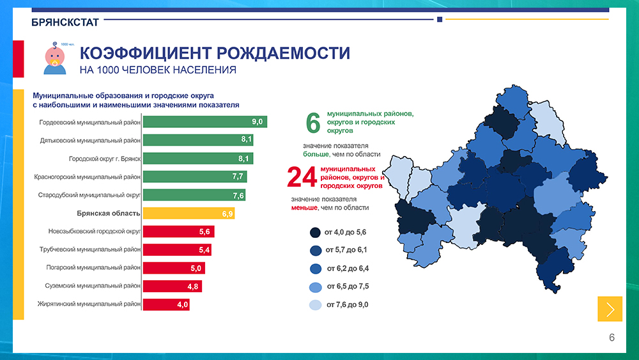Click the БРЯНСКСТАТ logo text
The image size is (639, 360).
(x=65, y=22)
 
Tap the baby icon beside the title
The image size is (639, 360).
(x=54, y=58)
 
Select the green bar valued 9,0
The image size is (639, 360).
(x=204, y=121)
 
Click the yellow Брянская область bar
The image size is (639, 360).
(x=189, y=213)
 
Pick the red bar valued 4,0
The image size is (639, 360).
(x=166, y=305)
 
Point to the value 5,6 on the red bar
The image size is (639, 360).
(x=204, y=231)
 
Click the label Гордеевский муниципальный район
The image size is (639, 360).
(x=89, y=121)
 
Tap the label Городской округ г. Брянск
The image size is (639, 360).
(x=105, y=158)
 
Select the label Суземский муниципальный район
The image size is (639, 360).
(x=93, y=286)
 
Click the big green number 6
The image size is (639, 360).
(x=313, y=123)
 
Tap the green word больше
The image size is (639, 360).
(x=316, y=154)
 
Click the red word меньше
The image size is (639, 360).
(x=305, y=208)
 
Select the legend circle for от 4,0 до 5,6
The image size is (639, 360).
(x=314, y=232)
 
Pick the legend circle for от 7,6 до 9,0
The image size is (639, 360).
(x=314, y=305)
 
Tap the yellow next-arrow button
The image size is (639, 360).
(x=610, y=309)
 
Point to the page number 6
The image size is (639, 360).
(x=612, y=338)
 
